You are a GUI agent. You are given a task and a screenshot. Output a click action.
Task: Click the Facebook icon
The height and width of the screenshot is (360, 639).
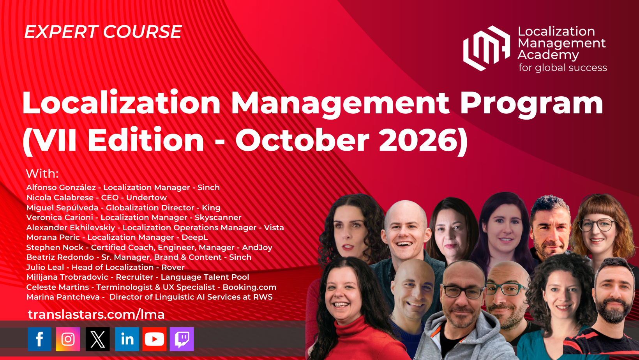tap(40, 339)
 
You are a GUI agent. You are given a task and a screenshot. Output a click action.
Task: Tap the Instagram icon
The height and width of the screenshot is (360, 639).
tap(68, 339)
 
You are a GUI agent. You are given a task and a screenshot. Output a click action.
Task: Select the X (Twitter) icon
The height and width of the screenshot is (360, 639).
tap(97, 339)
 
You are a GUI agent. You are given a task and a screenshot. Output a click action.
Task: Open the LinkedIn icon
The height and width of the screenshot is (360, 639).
tap(127, 339)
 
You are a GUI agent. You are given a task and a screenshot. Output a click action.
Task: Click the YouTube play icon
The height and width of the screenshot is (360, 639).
tap(154, 339)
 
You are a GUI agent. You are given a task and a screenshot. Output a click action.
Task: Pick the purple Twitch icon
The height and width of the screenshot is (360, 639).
tap(182, 339)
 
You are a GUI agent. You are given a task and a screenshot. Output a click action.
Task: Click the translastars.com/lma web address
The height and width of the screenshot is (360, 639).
tap(96, 314)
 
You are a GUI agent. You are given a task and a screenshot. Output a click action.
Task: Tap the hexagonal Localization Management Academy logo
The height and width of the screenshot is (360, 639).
tap(486, 48)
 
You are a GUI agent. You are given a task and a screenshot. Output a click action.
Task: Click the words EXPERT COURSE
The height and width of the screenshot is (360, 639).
tap(103, 32)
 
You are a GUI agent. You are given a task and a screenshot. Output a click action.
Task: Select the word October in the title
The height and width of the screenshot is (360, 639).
tap(302, 139)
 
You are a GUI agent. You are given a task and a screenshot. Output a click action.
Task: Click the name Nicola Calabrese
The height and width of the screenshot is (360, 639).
tap(60, 198)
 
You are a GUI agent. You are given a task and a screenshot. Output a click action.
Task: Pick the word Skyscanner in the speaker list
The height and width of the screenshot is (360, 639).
tap(218, 217)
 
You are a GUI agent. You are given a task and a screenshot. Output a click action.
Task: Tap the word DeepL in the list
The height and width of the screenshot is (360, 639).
tap(195, 237)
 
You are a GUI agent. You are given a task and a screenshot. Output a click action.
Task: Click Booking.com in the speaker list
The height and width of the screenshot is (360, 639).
tap(249, 287)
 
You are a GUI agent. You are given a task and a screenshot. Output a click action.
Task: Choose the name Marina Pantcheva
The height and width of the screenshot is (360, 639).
tap(63, 297)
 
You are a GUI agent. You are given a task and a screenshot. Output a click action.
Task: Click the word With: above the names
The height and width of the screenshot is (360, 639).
tap(42, 173)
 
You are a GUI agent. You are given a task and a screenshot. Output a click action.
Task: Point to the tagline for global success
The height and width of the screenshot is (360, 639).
tap(563, 68)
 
